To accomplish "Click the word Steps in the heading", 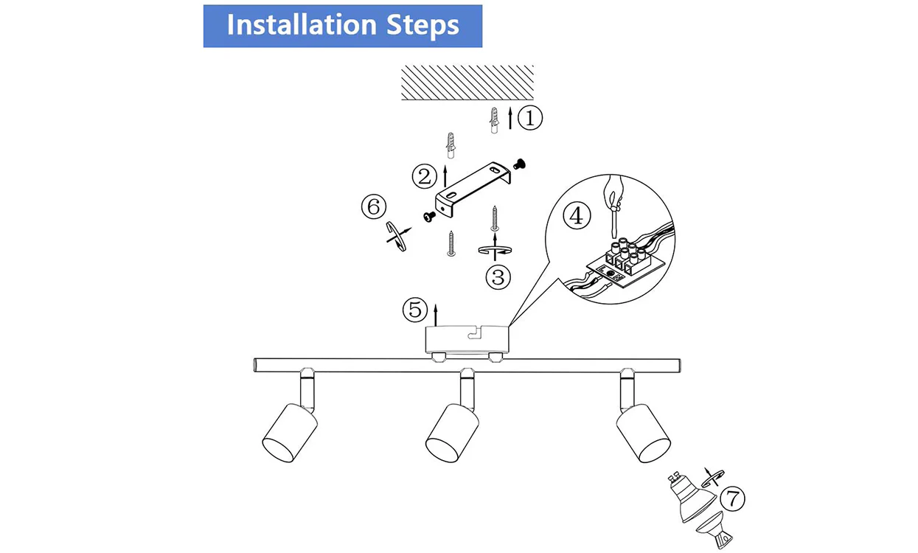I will (423, 25).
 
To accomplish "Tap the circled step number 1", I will (529, 118).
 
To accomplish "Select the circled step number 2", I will (424, 176).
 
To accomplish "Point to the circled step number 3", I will (498, 277).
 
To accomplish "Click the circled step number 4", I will (577, 216).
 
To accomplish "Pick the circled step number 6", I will (373, 207).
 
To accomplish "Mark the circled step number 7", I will (732, 499).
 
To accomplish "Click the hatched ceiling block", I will (467, 83).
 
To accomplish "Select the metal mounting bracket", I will (470, 191).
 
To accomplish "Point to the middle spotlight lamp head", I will (451, 434).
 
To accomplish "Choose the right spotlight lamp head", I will (644, 434).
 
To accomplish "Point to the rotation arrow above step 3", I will (494, 251).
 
